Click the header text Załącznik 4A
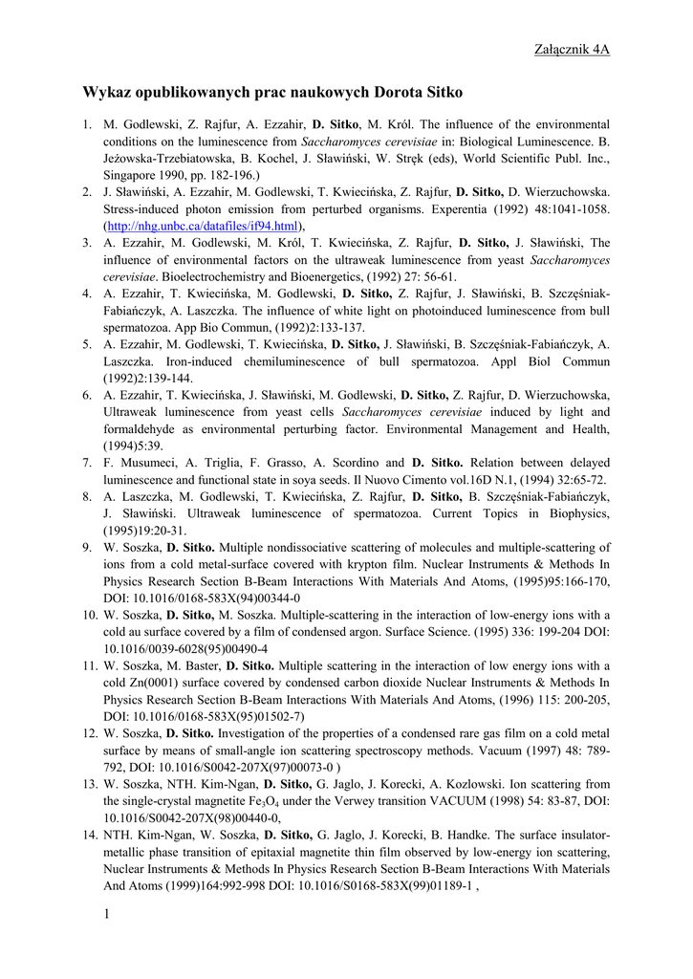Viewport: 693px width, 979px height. (x=572, y=50)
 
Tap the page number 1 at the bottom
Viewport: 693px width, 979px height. (x=107, y=916)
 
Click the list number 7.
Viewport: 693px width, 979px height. (x=87, y=462)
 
